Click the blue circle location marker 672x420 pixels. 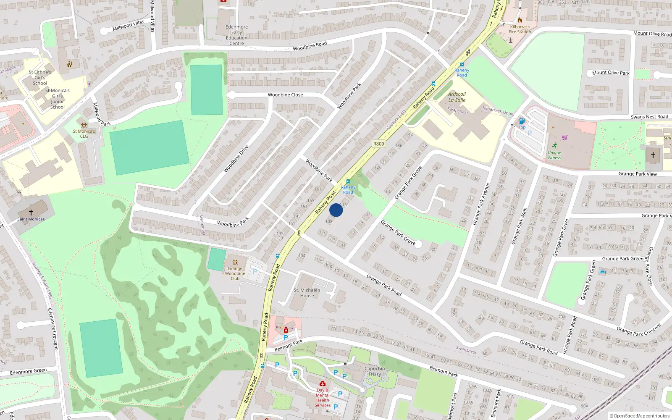[336, 210]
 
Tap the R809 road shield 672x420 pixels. [378, 144]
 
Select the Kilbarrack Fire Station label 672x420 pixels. [520, 29]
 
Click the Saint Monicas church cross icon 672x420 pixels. [31, 213]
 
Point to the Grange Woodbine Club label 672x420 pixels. [235, 273]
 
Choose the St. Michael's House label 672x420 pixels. [307, 293]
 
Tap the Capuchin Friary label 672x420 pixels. [375, 371]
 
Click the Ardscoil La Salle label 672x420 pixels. [457, 97]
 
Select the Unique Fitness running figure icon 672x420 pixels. [555, 146]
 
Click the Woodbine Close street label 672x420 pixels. [285, 95]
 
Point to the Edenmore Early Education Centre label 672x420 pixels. [236, 35]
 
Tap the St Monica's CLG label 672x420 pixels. [84, 134]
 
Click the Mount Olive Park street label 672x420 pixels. [611, 73]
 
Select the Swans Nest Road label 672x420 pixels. [649, 117]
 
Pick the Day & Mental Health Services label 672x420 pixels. [323, 398]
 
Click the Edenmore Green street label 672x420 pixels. [28, 372]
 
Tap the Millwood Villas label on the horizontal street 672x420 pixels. [129, 26]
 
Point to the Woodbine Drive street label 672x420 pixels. [236, 158]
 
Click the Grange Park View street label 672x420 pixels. [638, 174]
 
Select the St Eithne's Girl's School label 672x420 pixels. [40, 78]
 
